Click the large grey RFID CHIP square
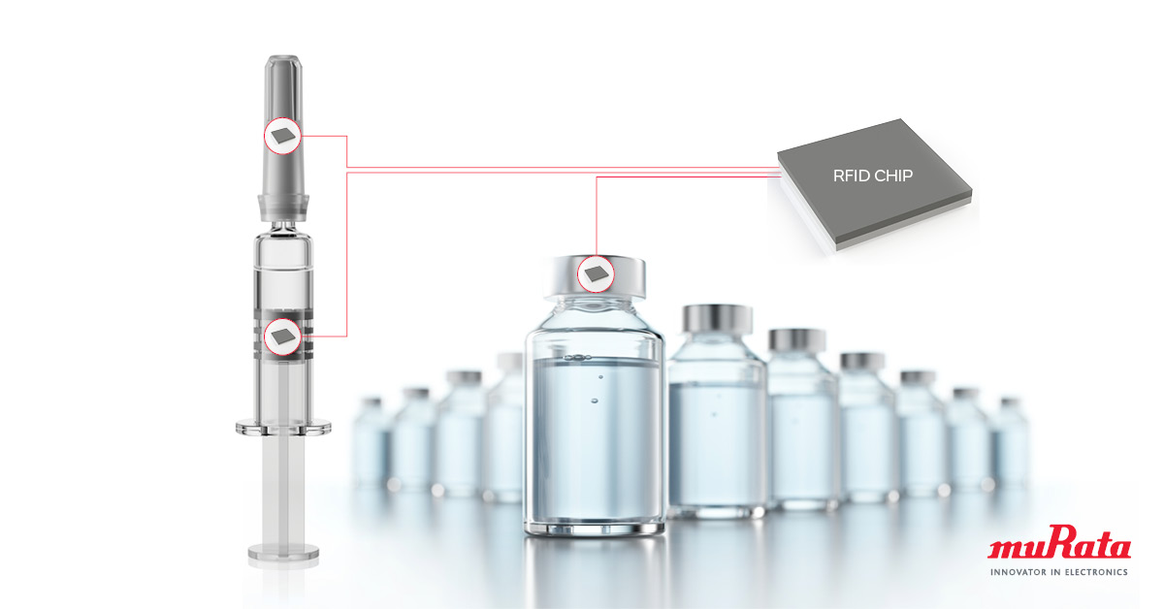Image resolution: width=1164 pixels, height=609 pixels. pyautogui.click(x=875, y=184)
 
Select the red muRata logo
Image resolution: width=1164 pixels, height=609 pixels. pyautogui.click(x=1059, y=542)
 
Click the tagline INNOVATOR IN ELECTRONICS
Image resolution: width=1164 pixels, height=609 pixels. pyautogui.click(x=1059, y=572)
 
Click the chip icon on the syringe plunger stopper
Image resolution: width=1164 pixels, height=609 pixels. pyautogui.click(x=283, y=337)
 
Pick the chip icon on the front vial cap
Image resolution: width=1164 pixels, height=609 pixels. pyautogui.click(x=596, y=273)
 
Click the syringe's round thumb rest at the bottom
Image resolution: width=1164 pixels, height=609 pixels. pyautogui.click(x=283, y=552)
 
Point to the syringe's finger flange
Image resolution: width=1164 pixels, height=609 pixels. pyautogui.click(x=283, y=427)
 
